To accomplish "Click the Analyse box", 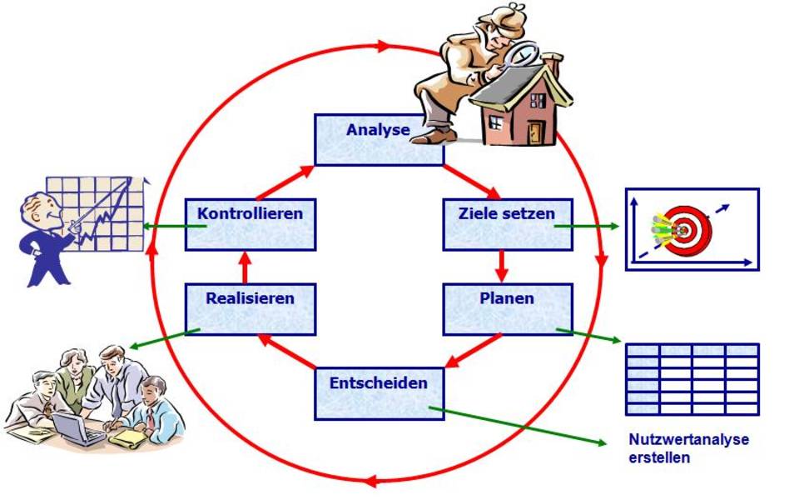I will [x=379, y=140].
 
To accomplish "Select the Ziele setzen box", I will [x=507, y=224].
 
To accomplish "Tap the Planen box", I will [x=507, y=308].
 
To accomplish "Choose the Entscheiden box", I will [x=379, y=393].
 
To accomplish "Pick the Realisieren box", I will [x=250, y=308].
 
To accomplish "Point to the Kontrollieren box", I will [x=250, y=224].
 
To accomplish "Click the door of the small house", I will [x=535, y=132].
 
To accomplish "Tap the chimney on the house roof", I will [x=552, y=62].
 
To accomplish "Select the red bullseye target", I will [x=687, y=230].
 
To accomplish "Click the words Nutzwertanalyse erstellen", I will [x=688, y=447].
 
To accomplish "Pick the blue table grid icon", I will [x=692, y=379].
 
